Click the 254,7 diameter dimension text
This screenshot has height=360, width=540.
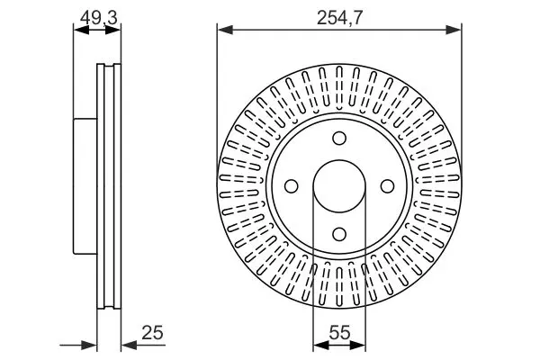tap(339, 18)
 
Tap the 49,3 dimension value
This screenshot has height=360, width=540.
tap(99, 18)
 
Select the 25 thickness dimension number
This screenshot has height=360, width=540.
tap(152, 333)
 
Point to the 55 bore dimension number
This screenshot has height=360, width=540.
tap(339, 333)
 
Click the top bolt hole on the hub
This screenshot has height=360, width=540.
tap(339, 138)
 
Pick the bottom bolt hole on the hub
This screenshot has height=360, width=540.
tap(339, 234)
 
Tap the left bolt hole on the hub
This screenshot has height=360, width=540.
tap(292, 186)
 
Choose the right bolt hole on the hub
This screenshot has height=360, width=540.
tap(387, 186)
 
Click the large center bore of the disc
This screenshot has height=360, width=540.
tap(339, 186)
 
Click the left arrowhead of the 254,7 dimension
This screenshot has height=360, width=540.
tap(225, 30)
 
